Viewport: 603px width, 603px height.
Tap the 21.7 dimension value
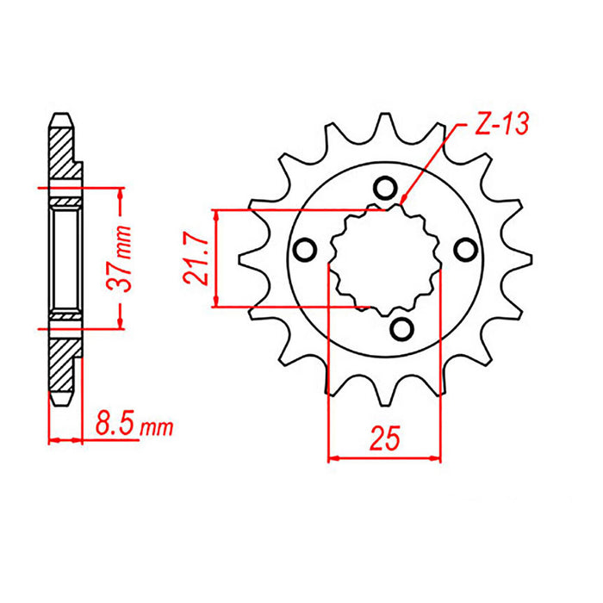[197, 258]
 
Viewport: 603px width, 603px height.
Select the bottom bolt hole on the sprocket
[401, 327]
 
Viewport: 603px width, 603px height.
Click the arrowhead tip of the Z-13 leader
[401, 202]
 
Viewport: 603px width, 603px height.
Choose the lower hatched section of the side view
[62, 362]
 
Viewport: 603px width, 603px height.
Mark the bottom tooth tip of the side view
[61, 401]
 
